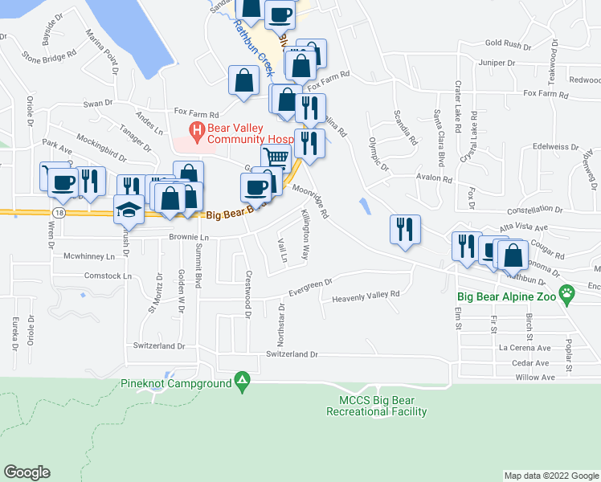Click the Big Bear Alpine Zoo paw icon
click(x=568, y=294)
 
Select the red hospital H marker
click(x=194, y=129)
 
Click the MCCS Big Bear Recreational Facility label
click(x=376, y=406)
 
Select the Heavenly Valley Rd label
click(x=366, y=296)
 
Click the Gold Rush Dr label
click(x=504, y=43)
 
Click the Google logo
click(x=27, y=472)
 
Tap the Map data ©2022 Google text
click(x=550, y=476)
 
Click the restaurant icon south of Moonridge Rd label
click(x=403, y=229)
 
